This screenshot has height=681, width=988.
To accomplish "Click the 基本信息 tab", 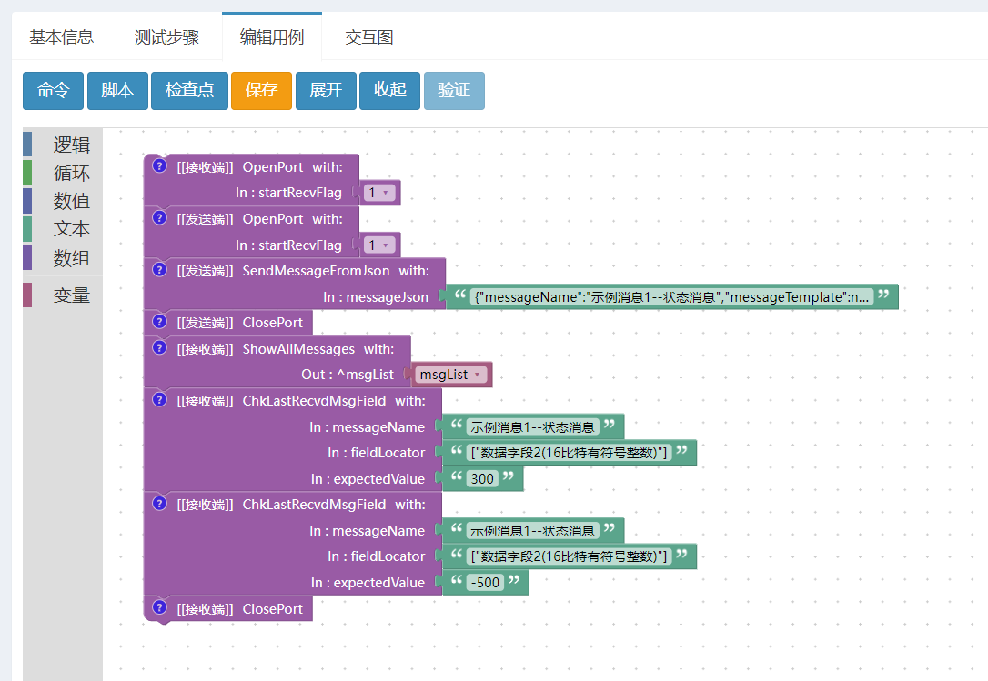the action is click(x=61, y=37).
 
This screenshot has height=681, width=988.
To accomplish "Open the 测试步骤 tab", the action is click(x=166, y=37).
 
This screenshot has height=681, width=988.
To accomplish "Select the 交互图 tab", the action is click(x=369, y=37).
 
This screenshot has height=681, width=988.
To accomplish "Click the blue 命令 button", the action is click(x=53, y=91).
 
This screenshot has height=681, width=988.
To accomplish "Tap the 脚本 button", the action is click(x=117, y=91).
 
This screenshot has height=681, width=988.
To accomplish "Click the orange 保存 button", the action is click(x=261, y=91).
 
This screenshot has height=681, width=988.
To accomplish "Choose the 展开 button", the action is click(x=326, y=91).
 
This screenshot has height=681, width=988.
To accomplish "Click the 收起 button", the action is click(x=390, y=91).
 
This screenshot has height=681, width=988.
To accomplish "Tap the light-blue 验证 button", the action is click(x=454, y=91).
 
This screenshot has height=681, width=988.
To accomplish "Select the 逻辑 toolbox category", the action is click(x=71, y=145).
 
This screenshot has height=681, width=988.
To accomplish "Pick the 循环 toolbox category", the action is click(x=71, y=174).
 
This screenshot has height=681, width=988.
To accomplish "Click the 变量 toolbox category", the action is click(x=71, y=295).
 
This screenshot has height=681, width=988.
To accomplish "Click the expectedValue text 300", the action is click(x=483, y=479).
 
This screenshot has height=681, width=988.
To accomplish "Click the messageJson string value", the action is click(x=671, y=297).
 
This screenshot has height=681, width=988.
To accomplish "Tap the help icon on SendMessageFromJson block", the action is click(x=160, y=270).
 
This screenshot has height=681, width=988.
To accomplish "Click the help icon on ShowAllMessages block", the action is click(x=160, y=347).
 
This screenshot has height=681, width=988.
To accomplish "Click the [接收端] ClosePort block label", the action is click(x=240, y=609).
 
